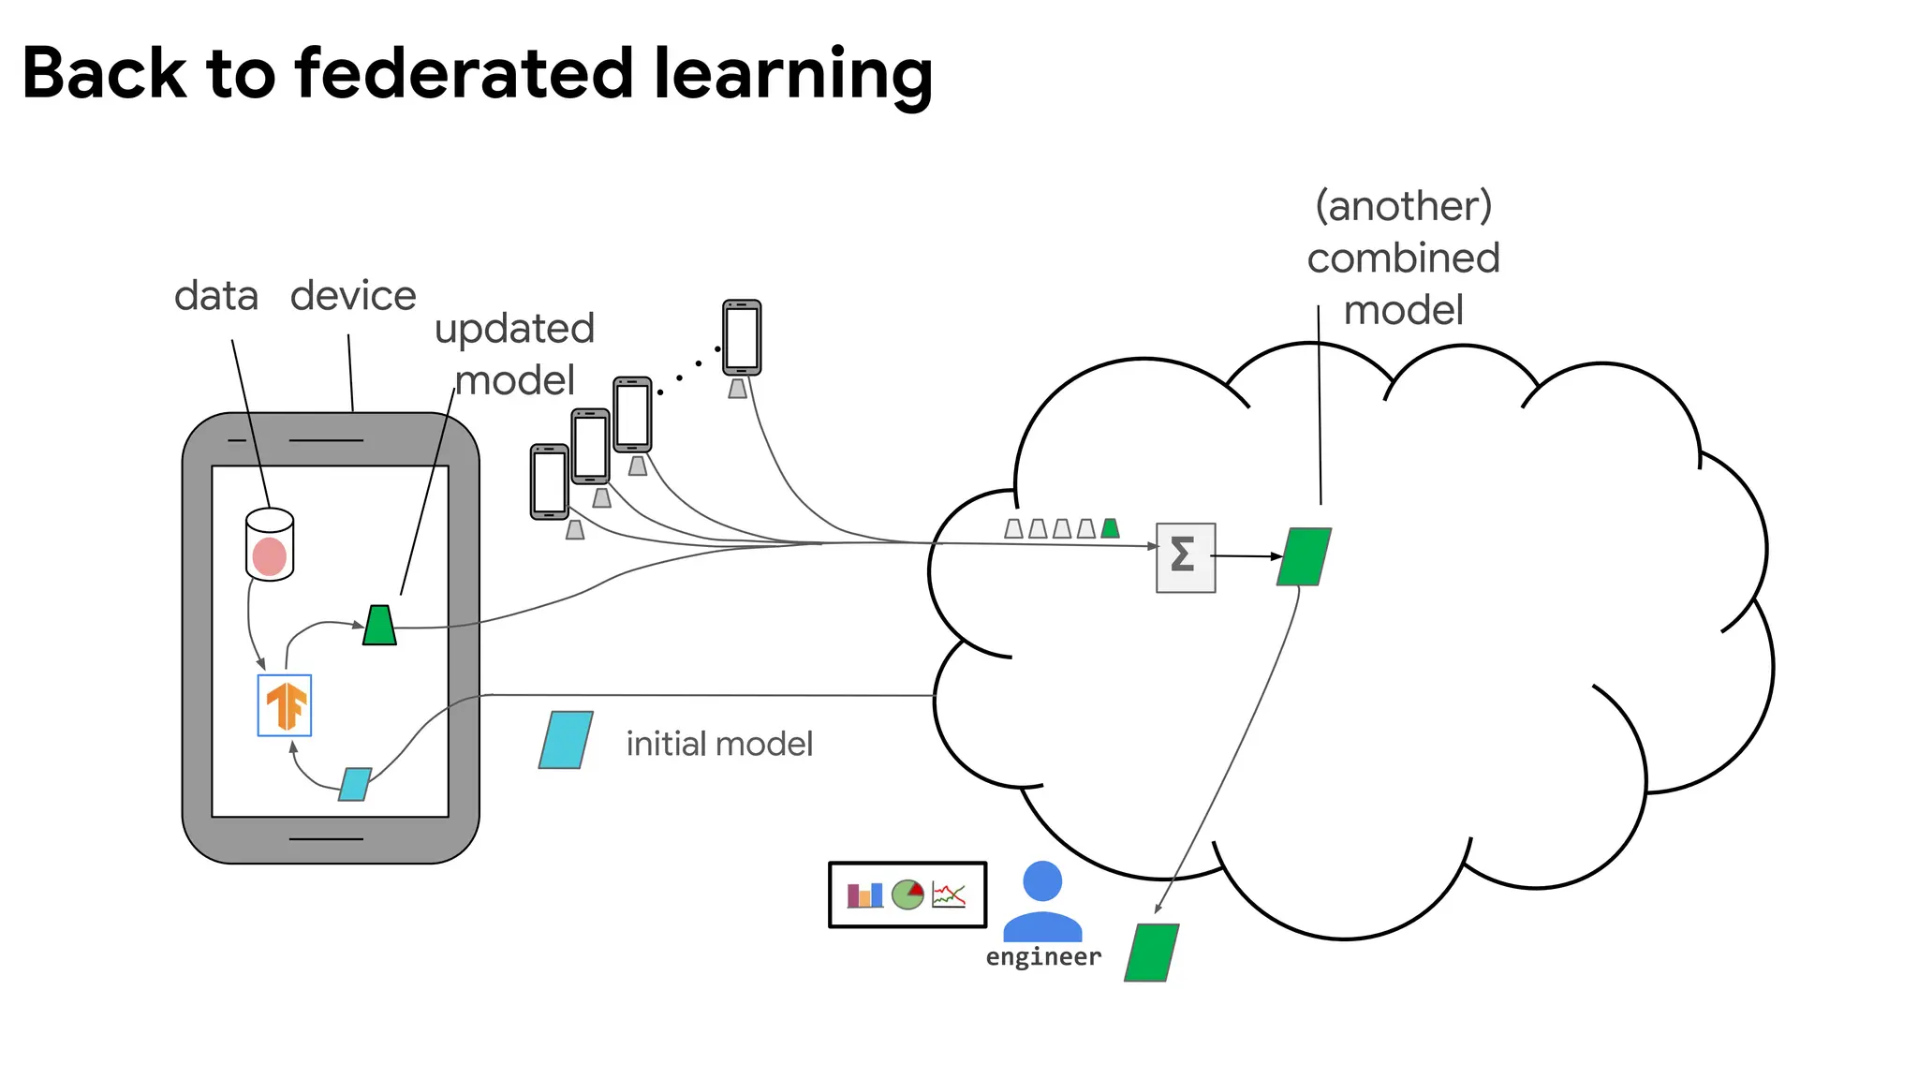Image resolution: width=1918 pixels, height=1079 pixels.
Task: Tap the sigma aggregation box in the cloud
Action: click(x=1186, y=557)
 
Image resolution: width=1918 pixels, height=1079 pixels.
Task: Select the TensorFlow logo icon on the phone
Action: click(x=285, y=705)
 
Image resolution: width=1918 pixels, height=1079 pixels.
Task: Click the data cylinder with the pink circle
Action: click(x=270, y=545)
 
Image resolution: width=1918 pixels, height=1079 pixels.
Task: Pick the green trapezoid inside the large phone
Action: click(x=379, y=626)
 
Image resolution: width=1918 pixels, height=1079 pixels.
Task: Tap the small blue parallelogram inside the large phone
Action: click(x=355, y=784)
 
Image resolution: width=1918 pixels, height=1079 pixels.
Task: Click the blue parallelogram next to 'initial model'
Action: click(x=566, y=740)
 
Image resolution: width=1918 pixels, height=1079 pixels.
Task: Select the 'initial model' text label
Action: click(x=719, y=744)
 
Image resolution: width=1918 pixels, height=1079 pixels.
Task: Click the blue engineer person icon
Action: click(x=1042, y=901)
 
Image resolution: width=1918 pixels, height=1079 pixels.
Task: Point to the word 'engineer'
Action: click(x=1043, y=957)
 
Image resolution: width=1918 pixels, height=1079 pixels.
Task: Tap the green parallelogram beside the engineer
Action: click(x=1151, y=953)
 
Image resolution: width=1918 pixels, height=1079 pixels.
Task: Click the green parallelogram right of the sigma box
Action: click(x=1304, y=557)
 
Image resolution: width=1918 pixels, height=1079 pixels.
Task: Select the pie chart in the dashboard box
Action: click(x=907, y=894)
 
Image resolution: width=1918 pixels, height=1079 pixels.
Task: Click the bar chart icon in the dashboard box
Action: click(x=864, y=895)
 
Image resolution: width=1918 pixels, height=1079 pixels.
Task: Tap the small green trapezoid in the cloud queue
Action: click(x=1110, y=528)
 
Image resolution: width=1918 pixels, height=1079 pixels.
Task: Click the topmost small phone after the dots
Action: click(x=742, y=337)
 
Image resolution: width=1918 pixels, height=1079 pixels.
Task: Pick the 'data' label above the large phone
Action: click(x=216, y=296)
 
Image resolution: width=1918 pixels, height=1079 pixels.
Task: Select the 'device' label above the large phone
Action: click(x=353, y=296)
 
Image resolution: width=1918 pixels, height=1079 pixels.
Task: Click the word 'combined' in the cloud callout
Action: click(x=1403, y=259)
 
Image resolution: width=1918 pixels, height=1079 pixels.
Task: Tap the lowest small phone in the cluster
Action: click(x=550, y=481)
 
